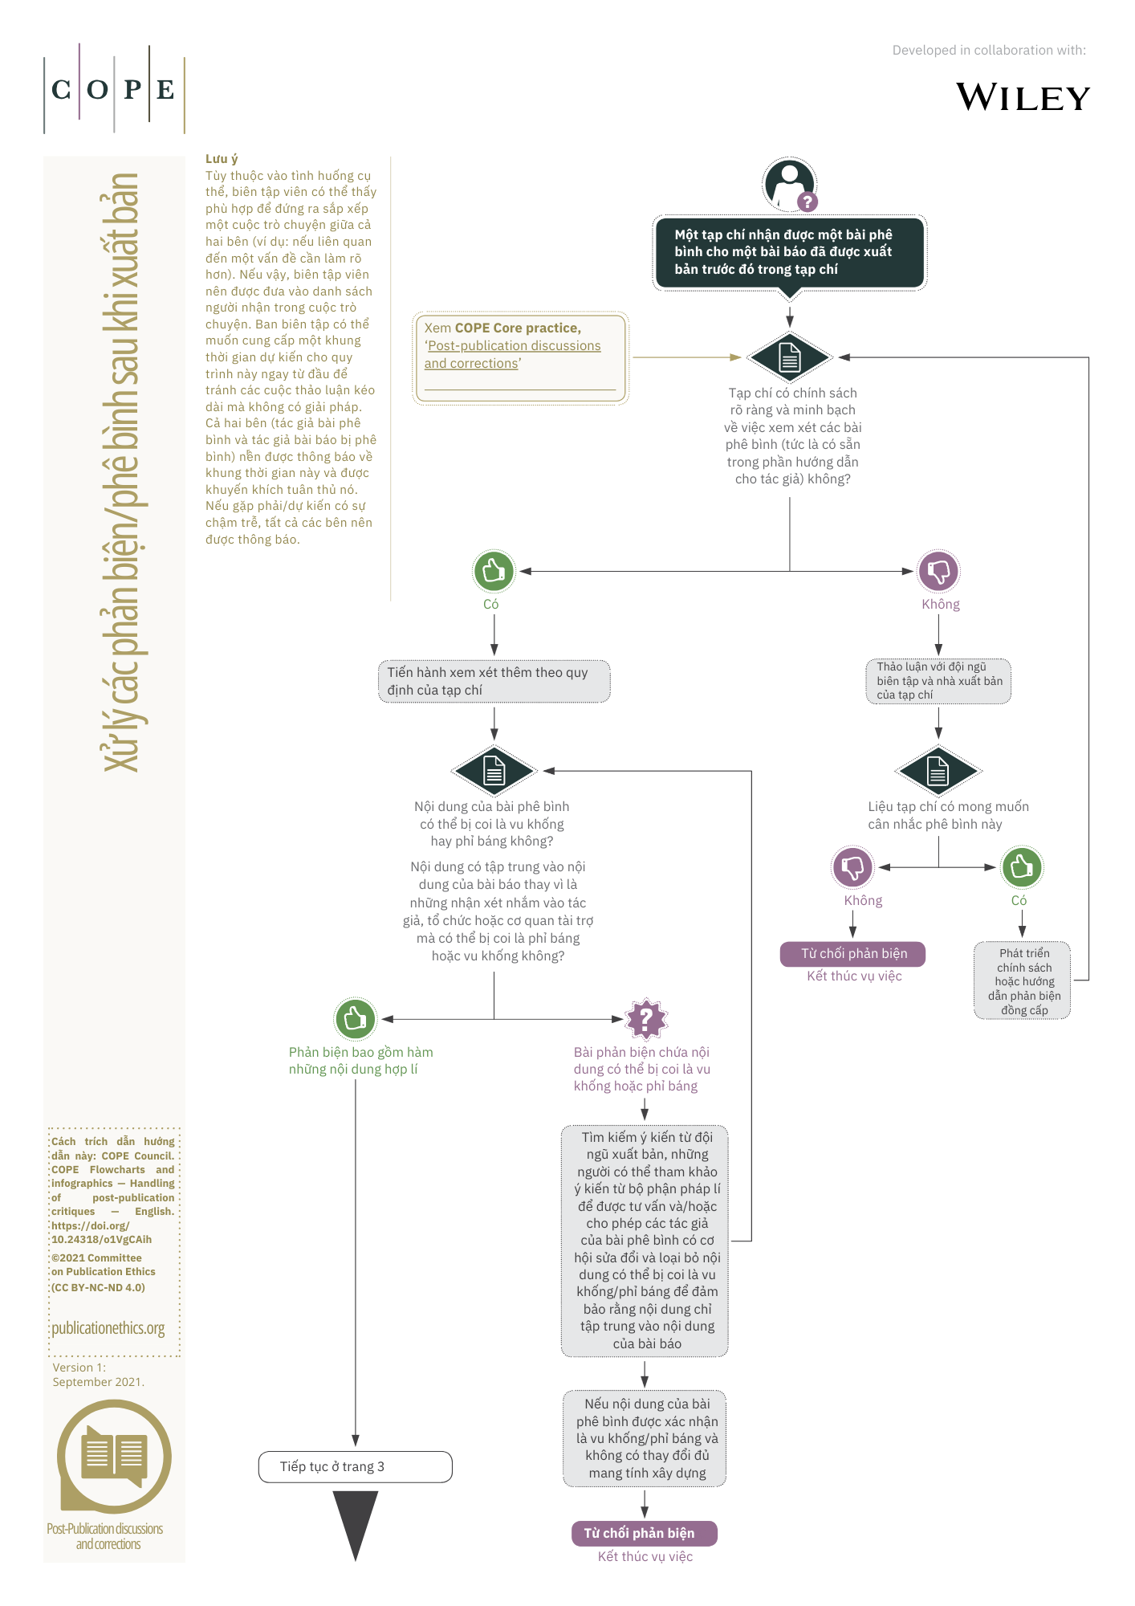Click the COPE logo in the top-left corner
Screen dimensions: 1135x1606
pos(114,88)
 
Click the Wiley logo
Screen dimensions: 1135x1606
pos(1023,97)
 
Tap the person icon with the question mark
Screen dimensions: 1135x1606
pos(791,185)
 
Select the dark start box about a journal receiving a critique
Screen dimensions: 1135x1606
pos(790,252)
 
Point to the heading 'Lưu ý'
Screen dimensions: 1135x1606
pos(222,159)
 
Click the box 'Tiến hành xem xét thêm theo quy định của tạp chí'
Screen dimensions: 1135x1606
pos(494,681)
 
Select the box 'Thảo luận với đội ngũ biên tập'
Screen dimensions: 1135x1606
pos(938,681)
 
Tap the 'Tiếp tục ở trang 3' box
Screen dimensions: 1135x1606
pos(355,1466)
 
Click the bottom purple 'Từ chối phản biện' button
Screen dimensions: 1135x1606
pos(644,1533)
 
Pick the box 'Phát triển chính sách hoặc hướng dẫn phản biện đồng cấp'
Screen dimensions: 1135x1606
pos(1022,980)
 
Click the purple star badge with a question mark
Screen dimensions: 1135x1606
pos(646,1019)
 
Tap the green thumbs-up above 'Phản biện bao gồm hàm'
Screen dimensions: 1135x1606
pos(355,1019)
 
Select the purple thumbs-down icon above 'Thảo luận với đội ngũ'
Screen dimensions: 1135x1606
pos(938,571)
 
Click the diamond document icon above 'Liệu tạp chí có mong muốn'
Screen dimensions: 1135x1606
pos(938,771)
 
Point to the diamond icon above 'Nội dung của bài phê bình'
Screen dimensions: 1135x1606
pos(494,771)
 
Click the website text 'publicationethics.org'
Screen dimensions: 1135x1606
pos(108,1328)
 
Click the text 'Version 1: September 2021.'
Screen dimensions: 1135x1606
pos(99,1375)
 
